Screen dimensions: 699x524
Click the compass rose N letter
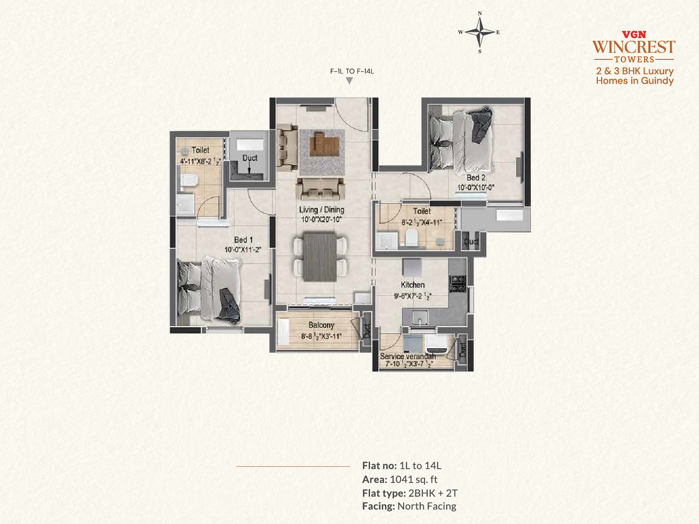pyautogui.click(x=480, y=14)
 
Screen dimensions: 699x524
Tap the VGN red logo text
pyautogui.click(x=634, y=34)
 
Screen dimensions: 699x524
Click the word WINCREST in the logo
pyautogui.click(x=634, y=47)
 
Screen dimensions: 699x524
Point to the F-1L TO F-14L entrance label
pyautogui.click(x=352, y=71)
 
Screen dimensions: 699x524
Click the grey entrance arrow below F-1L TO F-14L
pyautogui.click(x=349, y=81)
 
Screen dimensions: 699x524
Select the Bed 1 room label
pyautogui.click(x=243, y=240)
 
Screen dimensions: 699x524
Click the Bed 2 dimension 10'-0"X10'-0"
pyautogui.click(x=476, y=187)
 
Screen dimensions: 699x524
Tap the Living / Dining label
pyautogui.click(x=321, y=210)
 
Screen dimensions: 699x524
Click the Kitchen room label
pyautogui.click(x=412, y=285)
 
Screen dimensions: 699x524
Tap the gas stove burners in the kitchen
pyautogui.click(x=457, y=284)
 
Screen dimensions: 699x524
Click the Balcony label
pyautogui.click(x=321, y=325)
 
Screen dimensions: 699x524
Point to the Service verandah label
pyautogui.click(x=408, y=356)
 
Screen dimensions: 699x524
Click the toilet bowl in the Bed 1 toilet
pyautogui.click(x=189, y=181)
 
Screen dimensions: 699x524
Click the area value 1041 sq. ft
pyautogui.click(x=414, y=479)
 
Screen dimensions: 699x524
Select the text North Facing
pyautogui.click(x=427, y=506)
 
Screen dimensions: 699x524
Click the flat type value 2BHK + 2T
pyautogui.click(x=433, y=493)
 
